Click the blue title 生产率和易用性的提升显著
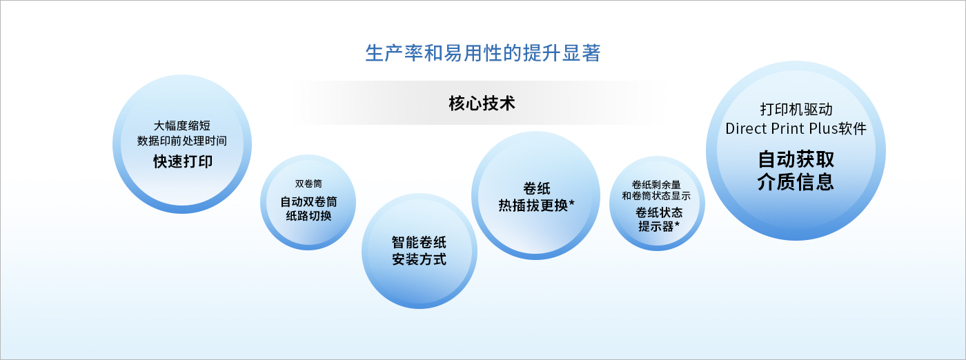point(482,54)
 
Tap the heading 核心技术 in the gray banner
point(482,103)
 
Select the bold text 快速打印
point(183,161)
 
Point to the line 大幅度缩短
point(182,126)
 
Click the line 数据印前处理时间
point(182,141)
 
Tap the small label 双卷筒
point(308,183)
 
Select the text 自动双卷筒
point(309,202)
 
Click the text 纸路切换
point(309,216)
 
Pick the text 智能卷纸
point(420,242)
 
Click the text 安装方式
point(420,259)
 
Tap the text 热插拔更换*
point(537,206)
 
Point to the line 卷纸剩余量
point(656,185)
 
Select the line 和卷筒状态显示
point(656,196)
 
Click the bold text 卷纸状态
point(659,212)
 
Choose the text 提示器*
point(659,226)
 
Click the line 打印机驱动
point(796,110)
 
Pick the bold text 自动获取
point(796,159)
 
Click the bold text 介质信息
point(796,182)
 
